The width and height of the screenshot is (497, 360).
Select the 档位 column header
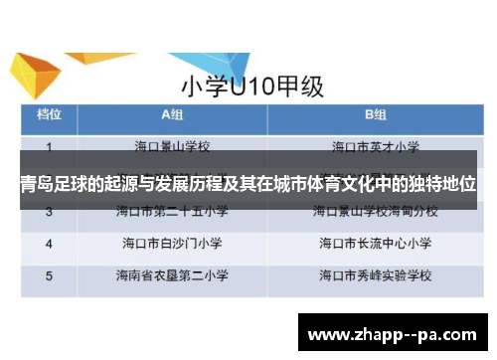tap(51, 115)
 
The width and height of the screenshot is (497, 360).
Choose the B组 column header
tap(375, 115)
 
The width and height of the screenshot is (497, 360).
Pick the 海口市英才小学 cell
tap(375, 147)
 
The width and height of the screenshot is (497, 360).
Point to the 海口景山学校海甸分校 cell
tap(375, 212)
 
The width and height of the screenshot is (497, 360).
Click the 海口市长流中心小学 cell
tap(375, 242)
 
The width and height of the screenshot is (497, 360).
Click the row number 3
tap(49, 212)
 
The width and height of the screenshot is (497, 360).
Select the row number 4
tap(49, 242)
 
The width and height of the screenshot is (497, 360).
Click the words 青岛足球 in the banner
tap(53, 185)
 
